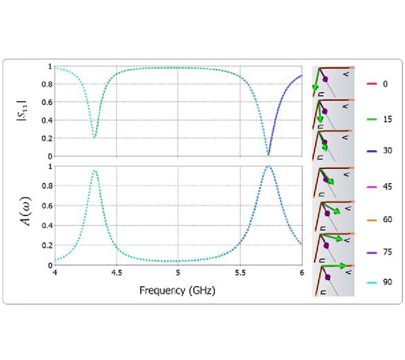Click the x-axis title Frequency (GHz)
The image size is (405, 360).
pos(177,290)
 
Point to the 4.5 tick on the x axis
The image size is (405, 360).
pos(116,273)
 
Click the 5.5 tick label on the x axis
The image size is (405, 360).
pos(240,273)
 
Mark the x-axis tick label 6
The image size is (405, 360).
pos(301,273)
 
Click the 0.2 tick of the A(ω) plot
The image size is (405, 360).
pos(47,245)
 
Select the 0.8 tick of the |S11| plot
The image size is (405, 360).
pos(47,84)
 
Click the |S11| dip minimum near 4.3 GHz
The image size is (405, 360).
pos(94,137)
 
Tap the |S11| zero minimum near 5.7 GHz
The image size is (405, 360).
pos(269,155)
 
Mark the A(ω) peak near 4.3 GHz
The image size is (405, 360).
pos(94,171)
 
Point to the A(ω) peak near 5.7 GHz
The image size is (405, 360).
pos(268,166)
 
